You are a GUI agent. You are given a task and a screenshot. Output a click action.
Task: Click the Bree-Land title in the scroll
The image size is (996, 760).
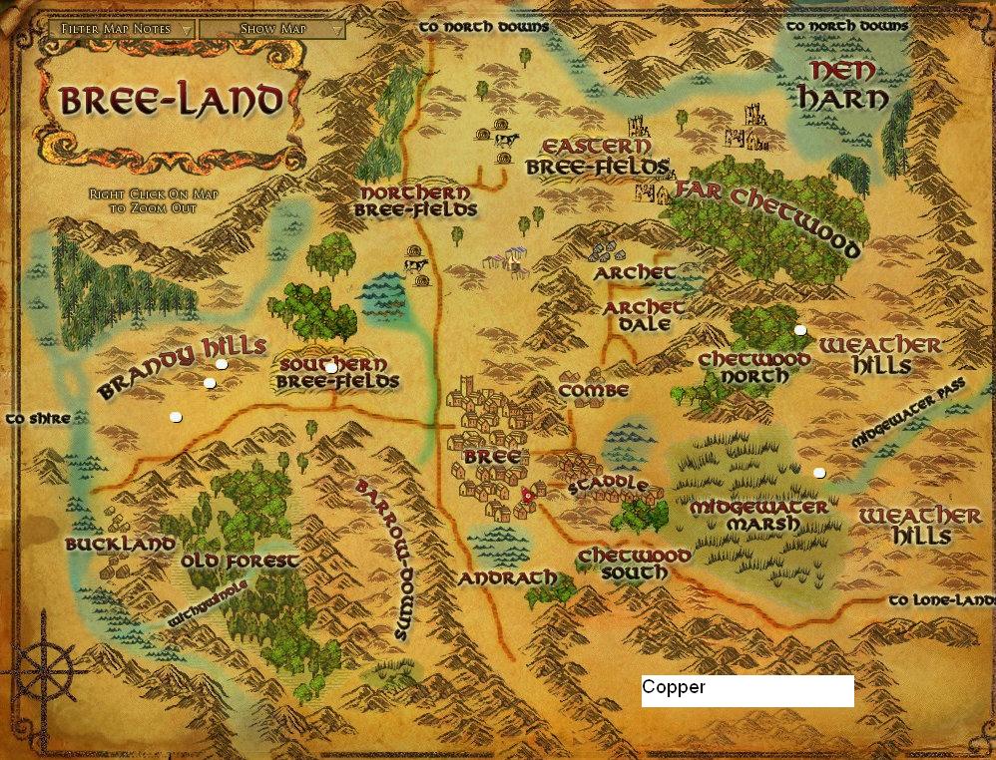171,101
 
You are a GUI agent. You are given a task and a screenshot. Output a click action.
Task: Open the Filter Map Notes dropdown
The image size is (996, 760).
122,29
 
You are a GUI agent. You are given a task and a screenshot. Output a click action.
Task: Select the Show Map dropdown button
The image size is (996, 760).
271,29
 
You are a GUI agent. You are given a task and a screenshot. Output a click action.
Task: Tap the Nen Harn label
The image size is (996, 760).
847,85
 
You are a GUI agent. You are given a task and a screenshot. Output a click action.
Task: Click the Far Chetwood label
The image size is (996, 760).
767,218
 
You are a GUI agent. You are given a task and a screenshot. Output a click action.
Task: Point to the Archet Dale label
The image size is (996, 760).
644,316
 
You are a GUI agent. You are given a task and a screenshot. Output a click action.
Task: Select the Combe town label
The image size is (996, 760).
594,390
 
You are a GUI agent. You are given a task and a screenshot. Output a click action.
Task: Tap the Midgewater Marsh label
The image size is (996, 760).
758,516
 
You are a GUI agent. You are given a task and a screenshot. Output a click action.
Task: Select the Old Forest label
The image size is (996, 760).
240,561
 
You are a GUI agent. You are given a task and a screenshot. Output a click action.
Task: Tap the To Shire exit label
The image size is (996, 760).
38,419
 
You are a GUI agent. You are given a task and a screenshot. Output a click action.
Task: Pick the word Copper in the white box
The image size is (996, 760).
674,687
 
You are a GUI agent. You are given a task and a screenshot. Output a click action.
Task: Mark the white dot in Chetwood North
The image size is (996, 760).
799,329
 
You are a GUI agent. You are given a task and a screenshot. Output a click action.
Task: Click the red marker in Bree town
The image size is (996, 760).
528,494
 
